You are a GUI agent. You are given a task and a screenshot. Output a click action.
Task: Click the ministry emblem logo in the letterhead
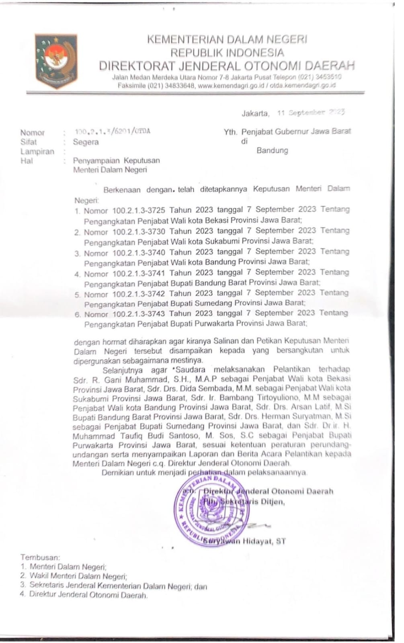click(x=56, y=61)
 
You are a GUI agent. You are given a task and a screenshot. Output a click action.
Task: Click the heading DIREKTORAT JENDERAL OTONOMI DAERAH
click(x=227, y=66)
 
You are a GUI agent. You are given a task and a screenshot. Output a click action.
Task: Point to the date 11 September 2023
click(x=311, y=113)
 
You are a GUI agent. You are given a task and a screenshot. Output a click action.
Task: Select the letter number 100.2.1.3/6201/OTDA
click(x=113, y=131)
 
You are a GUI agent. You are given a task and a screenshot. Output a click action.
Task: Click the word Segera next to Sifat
click(x=86, y=142)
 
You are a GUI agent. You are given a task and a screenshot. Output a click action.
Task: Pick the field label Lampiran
click(x=37, y=152)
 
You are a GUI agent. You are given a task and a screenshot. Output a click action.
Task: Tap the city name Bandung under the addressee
click(x=272, y=151)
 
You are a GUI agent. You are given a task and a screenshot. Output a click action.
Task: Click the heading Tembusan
click(x=40, y=557)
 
